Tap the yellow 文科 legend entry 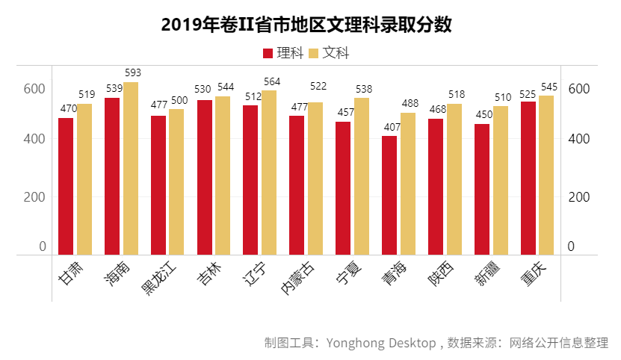click(328, 53)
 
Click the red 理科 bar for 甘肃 click(66, 187)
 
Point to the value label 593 click(132, 73)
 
